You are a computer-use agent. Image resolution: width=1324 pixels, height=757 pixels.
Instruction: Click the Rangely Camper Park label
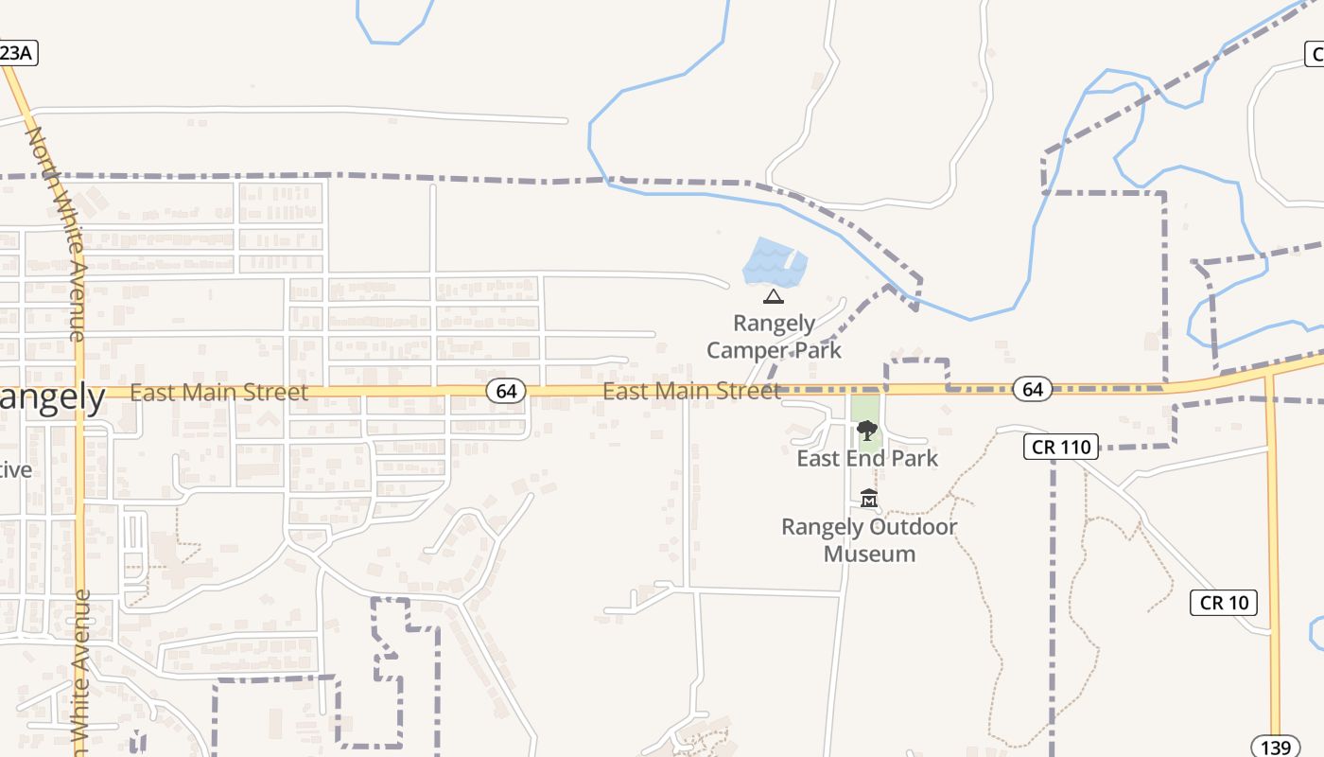774,337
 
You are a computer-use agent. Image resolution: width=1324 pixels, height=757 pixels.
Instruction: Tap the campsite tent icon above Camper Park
774,297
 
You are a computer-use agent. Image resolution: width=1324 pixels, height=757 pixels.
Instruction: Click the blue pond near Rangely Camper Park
774,263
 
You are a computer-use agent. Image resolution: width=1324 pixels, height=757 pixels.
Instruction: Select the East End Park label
867,459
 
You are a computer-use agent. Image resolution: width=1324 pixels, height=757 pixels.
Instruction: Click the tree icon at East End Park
866,431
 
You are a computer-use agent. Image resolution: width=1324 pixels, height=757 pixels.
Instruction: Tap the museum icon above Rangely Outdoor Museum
868,498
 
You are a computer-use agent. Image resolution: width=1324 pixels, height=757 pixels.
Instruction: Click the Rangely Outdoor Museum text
869,540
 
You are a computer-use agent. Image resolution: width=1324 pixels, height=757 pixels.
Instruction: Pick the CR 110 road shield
1060,447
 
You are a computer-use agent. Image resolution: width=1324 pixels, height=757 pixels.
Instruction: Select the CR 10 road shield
1224,603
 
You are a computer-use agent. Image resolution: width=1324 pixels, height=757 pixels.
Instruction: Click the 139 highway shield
1275,747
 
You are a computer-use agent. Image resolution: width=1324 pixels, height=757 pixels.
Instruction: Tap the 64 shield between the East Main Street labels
506,391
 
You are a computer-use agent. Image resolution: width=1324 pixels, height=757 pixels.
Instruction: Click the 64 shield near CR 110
1032,389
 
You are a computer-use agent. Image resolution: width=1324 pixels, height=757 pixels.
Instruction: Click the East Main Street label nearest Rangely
218,392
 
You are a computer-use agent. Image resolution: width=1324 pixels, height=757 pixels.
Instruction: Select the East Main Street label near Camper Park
691,391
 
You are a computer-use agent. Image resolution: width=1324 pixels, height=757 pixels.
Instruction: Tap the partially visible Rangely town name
52,397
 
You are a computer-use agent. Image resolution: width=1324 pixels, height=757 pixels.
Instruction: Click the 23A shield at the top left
17,53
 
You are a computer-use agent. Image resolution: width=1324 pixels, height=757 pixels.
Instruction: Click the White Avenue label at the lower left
79,667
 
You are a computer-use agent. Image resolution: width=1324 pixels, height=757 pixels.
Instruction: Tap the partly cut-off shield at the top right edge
1315,55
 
